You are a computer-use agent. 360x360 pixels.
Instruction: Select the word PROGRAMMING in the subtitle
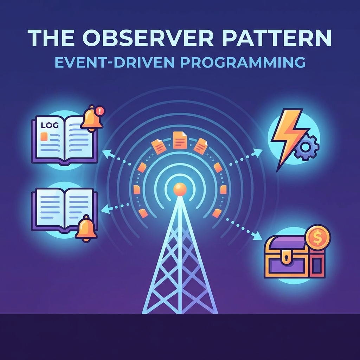(243, 62)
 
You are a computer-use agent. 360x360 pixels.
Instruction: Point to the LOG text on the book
(50, 125)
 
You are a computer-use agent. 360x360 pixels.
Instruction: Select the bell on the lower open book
(86, 229)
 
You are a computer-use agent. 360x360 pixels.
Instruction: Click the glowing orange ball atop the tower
(180, 189)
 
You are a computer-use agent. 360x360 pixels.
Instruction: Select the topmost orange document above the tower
(180, 140)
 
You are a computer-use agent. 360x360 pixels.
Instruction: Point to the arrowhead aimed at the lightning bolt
(257, 152)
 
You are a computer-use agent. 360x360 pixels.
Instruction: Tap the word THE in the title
(51, 38)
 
